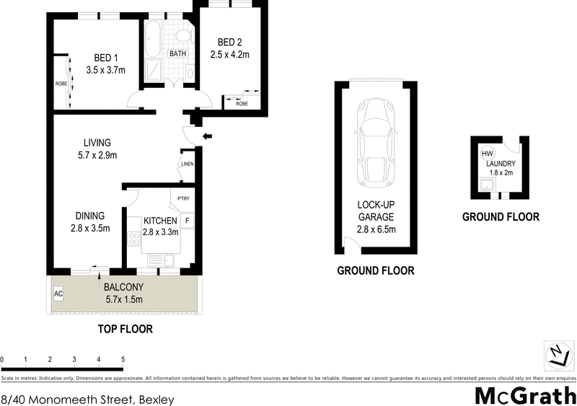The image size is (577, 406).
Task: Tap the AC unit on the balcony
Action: click(x=58, y=294)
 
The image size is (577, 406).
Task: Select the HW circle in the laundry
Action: click(x=488, y=154)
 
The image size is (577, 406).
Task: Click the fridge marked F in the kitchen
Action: click(x=187, y=220)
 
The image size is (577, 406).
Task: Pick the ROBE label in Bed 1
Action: click(x=61, y=84)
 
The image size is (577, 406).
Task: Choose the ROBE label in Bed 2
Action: click(x=242, y=103)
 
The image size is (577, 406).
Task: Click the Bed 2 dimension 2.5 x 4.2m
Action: click(x=229, y=54)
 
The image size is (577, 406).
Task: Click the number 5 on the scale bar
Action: click(x=123, y=358)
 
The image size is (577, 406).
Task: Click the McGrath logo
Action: click(x=524, y=396)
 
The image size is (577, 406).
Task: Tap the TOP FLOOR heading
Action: click(x=125, y=329)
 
